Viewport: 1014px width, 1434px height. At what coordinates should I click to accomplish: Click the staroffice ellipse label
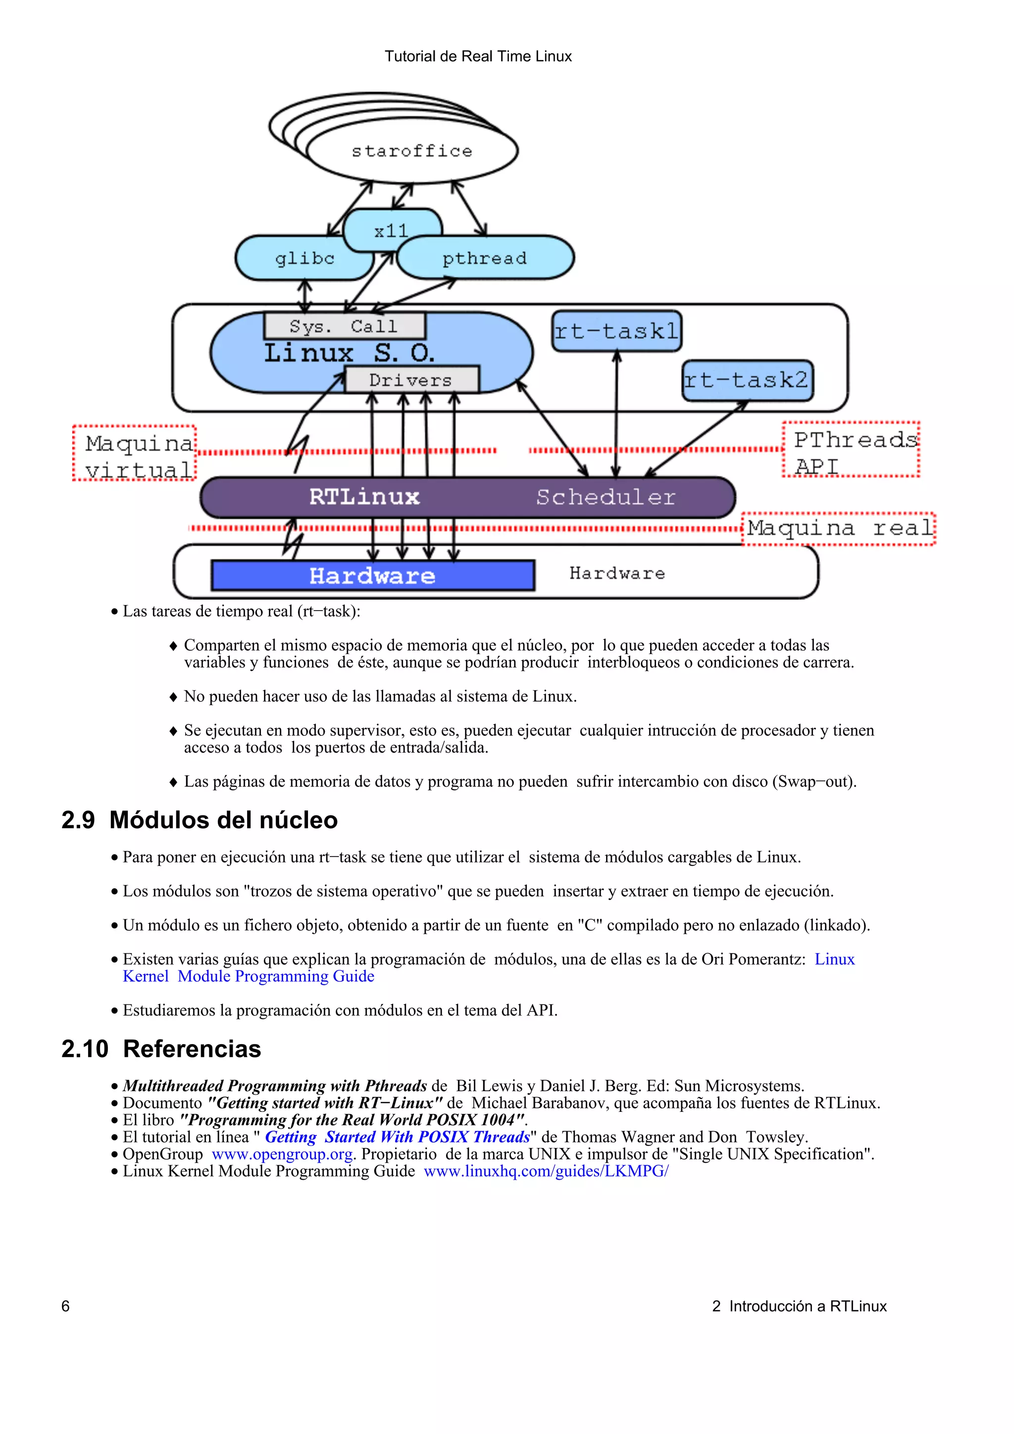(x=412, y=151)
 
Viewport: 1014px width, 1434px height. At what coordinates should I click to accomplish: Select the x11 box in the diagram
(x=392, y=231)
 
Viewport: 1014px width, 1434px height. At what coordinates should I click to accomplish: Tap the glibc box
(x=304, y=258)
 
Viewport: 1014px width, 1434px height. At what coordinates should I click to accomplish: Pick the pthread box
(x=485, y=258)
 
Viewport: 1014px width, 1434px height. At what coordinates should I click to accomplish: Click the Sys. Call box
(x=344, y=326)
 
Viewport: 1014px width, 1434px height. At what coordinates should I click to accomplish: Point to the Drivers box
(x=411, y=380)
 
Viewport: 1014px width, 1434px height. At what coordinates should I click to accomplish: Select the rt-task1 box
(x=616, y=331)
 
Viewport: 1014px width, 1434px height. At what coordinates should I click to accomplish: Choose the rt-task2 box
(x=747, y=380)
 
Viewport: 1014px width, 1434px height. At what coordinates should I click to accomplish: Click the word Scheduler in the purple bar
(x=606, y=497)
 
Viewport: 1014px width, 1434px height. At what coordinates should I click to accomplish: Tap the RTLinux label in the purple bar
(x=364, y=497)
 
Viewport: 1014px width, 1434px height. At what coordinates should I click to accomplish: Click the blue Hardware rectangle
(x=372, y=575)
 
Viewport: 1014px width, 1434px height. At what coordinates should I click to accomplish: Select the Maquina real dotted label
(x=838, y=528)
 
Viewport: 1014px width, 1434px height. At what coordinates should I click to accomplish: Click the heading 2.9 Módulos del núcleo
(x=200, y=820)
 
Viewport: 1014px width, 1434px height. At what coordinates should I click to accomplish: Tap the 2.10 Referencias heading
(x=161, y=1049)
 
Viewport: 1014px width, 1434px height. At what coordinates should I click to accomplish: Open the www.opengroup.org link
(x=282, y=1154)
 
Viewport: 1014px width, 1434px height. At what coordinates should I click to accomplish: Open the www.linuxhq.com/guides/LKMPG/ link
(x=546, y=1171)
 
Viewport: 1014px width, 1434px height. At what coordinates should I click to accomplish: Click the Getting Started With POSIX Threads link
(x=398, y=1137)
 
